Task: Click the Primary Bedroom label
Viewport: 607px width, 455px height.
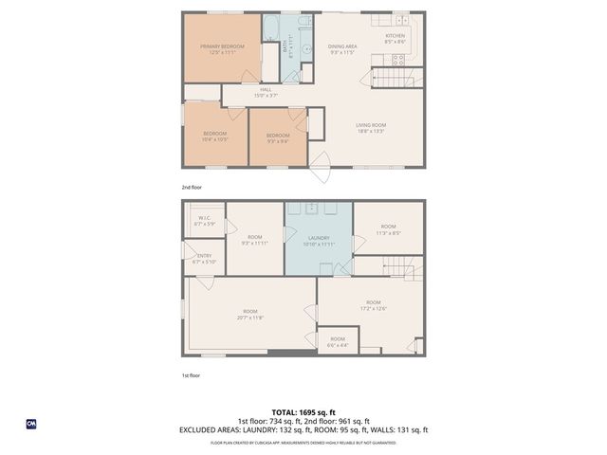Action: pyautogui.click(x=222, y=49)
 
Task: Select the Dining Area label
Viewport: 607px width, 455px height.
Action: pyautogui.click(x=342, y=49)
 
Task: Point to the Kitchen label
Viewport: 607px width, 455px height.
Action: pyautogui.click(x=395, y=39)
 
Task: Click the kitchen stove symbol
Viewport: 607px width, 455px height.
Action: pyautogui.click(x=399, y=58)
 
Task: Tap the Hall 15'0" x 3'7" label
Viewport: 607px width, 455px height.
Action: pyautogui.click(x=266, y=92)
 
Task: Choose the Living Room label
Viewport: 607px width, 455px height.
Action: pyautogui.click(x=371, y=128)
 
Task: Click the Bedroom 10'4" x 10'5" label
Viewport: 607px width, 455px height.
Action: pyautogui.click(x=215, y=136)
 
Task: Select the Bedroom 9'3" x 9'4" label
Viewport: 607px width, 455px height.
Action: pyautogui.click(x=277, y=138)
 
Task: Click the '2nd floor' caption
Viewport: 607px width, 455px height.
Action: pyautogui.click(x=192, y=188)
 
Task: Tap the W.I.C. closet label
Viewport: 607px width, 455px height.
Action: pyautogui.click(x=205, y=221)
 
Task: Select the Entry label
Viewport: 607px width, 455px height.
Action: pyautogui.click(x=205, y=258)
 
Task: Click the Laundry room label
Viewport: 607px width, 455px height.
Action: pyautogui.click(x=319, y=241)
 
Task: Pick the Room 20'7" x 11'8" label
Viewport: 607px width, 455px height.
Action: pyautogui.click(x=250, y=314)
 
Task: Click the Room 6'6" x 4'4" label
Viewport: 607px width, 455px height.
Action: pyautogui.click(x=338, y=341)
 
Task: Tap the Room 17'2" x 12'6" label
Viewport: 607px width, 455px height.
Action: pyautogui.click(x=373, y=305)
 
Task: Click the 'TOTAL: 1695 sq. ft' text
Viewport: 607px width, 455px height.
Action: pyautogui.click(x=303, y=412)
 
